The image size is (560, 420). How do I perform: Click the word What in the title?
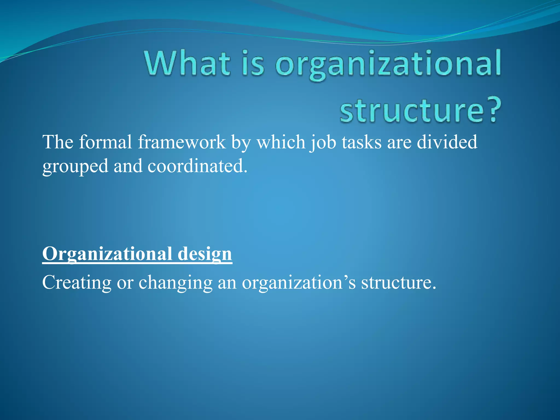188,63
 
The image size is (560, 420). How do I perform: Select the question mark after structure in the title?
494,111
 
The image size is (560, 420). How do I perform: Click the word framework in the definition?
182,142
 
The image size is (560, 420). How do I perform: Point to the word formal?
106,142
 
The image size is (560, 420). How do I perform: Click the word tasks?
361,142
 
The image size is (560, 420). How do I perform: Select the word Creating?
77,283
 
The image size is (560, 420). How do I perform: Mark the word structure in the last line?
398,283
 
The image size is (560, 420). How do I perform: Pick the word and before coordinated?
128,166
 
